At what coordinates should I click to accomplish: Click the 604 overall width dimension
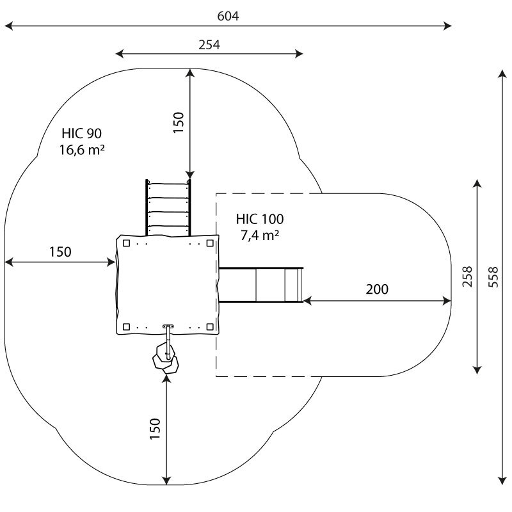pos(228,16)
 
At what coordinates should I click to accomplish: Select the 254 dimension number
pos(209,45)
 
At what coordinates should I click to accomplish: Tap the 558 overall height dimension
pos(493,277)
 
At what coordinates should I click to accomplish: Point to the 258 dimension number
pos(467,276)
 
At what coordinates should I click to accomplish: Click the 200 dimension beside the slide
pos(377,289)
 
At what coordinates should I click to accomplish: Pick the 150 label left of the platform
pos(60,252)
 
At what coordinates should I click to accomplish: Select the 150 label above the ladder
pos(179,122)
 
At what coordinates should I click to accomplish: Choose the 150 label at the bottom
pos(155,429)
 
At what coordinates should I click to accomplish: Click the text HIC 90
pos(82,134)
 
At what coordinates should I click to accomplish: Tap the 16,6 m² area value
pos(82,150)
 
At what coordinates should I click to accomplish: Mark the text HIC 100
pos(260,219)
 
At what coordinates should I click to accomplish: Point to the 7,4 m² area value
pos(260,236)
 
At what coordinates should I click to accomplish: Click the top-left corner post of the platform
pos(126,243)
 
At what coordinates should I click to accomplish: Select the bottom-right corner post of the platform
pos(210,327)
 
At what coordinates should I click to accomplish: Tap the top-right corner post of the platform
pos(210,243)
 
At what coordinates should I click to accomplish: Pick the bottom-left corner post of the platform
pos(126,327)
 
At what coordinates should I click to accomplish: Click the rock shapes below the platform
pos(166,358)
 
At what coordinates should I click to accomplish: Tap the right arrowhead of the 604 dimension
pos(447,26)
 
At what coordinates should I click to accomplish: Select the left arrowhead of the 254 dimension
pos(120,54)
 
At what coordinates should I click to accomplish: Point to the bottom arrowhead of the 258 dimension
pos(477,370)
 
